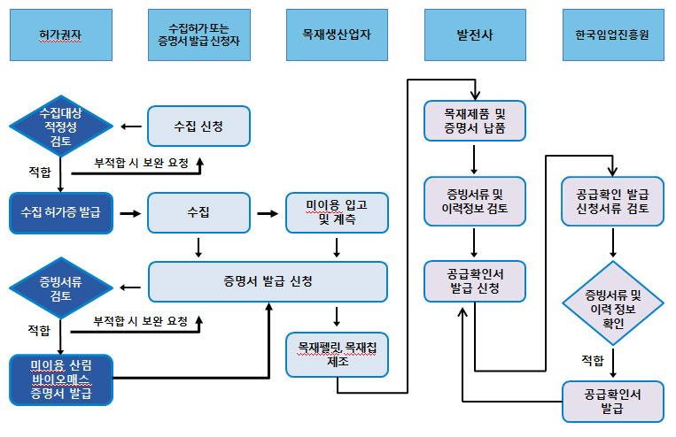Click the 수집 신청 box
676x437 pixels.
[x=198, y=126]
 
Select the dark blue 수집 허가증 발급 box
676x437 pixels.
[x=61, y=213]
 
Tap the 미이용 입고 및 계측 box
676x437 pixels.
[x=337, y=213]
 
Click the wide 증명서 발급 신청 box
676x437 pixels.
[x=268, y=282]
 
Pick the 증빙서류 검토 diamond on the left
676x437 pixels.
[x=61, y=287]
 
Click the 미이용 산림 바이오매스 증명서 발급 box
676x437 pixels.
[x=61, y=379]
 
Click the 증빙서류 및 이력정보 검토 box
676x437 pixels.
[x=475, y=202]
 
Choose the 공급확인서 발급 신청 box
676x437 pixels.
[x=475, y=281]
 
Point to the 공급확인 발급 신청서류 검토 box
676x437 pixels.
[x=612, y=202]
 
